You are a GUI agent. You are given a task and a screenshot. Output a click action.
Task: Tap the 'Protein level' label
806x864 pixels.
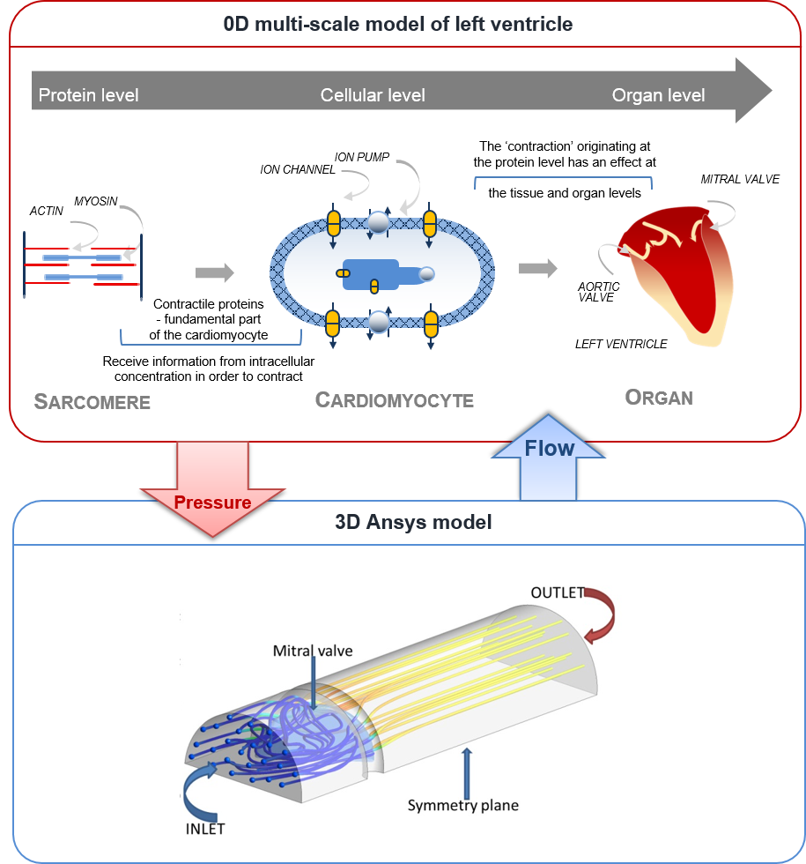(88, 95)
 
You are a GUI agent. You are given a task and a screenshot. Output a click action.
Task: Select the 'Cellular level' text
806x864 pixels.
(373, 95)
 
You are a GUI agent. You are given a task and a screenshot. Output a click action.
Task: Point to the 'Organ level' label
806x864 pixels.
(658, 95)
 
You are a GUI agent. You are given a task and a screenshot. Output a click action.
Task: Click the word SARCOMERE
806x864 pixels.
(92, 402)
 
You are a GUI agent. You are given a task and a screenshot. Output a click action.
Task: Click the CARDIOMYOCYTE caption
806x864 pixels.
(395, 400)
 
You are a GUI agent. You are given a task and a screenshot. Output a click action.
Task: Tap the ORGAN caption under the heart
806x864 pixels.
(659, 398)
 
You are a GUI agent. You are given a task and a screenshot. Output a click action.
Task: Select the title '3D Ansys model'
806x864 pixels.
(413, 522)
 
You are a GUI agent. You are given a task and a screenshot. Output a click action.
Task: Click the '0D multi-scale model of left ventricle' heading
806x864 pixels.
(398, 24)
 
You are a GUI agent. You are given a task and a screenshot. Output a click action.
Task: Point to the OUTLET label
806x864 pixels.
(558, 592)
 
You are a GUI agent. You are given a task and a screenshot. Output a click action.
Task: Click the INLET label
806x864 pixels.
(206, 829)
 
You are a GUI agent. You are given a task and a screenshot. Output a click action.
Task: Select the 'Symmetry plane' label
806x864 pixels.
(462, 805)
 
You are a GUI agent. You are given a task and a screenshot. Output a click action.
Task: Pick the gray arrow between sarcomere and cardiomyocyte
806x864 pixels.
(215, 273)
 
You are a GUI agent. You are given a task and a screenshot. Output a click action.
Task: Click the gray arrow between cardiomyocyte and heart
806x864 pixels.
(538, 268)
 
